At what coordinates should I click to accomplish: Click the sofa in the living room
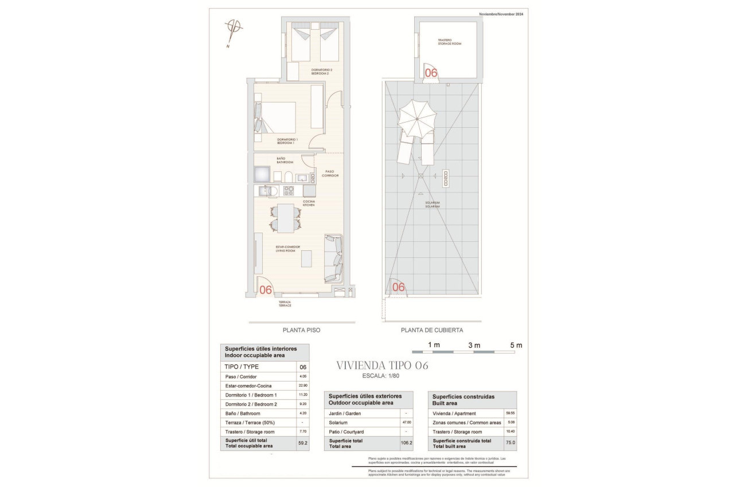click(x=333, y=258)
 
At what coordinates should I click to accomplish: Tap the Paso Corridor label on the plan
click(x=329, y=172)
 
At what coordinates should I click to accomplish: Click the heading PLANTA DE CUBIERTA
click(x=431, y=331)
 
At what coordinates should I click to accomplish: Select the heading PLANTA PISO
click(x=301, y=331)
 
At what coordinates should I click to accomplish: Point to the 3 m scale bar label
click(x=474, y=345)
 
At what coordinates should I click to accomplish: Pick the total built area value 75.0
click(x=511, y=442)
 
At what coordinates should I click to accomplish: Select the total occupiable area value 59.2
click(x=303, y=442)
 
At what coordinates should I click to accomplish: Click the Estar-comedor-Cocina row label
click(x=252, y=386)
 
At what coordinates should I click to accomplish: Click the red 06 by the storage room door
click(x=430, y=73)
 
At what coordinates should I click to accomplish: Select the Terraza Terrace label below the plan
click(x=285, y=304)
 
